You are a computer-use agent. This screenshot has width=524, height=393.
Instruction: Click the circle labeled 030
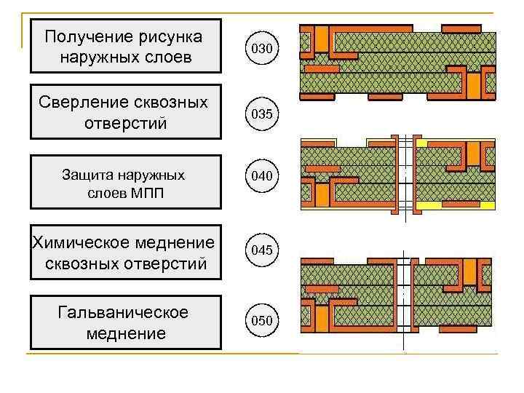pyautogui.click(x=262, y=49)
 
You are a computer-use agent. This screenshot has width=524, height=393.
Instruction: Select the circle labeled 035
pyautogui.click(x=262, y=115)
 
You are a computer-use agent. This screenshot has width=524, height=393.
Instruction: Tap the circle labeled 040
pyautogui.click(x=262, y=176)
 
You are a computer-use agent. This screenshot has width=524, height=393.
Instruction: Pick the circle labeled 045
pyautogui.click(x=262, y=250)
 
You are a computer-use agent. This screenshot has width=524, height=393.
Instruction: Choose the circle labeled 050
pyautogui.click(x=262, y=320)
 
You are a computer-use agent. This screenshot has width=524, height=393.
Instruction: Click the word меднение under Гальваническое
pyautogui.click(x=125, y=334)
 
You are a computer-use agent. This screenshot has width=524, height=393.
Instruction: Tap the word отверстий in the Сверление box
pyautogui.click(x=125, y=124)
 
